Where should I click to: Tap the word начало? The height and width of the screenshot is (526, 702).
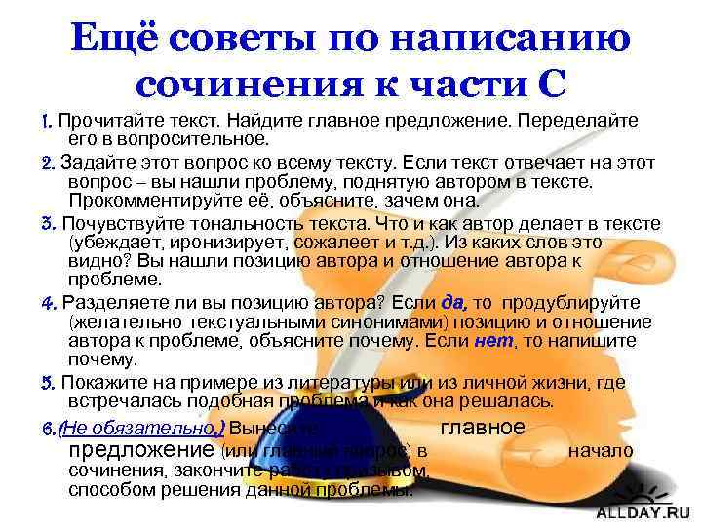click(x=601, y=450)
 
